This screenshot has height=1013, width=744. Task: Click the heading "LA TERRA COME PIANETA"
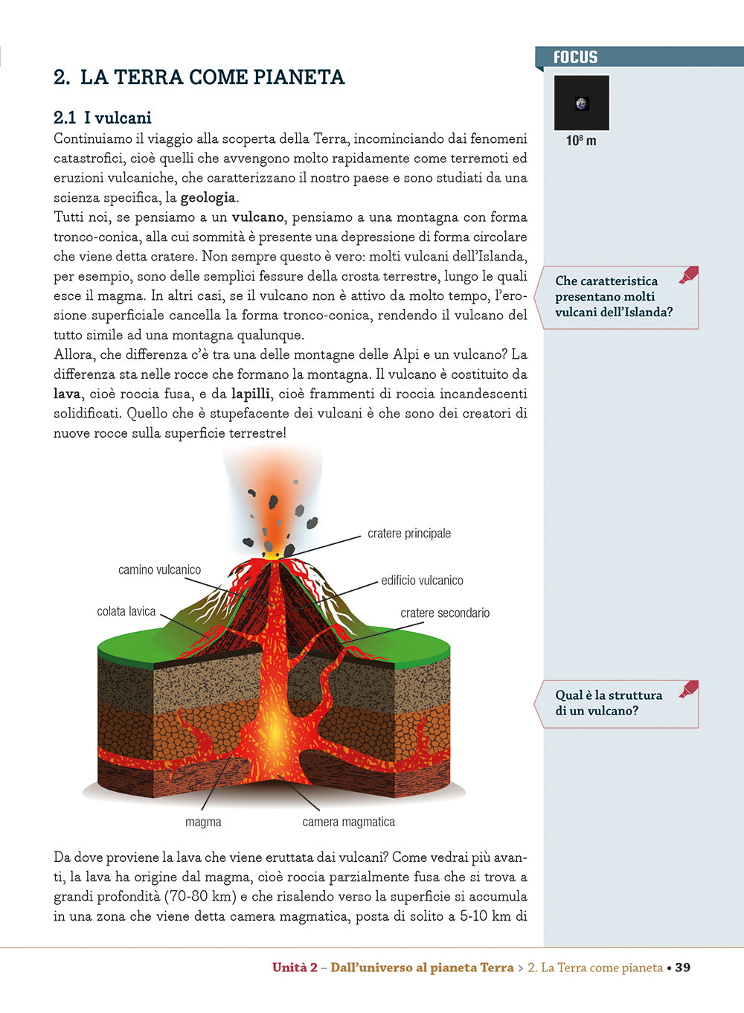212,77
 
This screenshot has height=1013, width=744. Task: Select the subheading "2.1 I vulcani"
103,118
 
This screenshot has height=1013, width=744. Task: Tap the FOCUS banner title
575,57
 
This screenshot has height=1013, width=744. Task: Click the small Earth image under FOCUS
582,103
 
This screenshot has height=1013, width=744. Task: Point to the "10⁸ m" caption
581,141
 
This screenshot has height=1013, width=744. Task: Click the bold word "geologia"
208,198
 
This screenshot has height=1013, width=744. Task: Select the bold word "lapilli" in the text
251,394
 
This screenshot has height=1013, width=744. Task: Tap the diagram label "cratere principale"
408,534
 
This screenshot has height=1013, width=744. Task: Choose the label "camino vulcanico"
159,570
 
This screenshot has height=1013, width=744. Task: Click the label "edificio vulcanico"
422,581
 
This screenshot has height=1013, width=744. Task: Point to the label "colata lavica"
126,612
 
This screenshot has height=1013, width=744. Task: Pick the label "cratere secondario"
445,613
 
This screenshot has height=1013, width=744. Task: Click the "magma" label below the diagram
203,822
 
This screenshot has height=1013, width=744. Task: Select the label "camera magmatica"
348,822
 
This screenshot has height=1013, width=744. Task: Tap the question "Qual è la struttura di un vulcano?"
609,703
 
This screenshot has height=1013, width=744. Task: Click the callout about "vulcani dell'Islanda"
613,296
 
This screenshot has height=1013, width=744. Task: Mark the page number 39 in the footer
682,968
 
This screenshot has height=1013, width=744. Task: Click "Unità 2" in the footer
295,968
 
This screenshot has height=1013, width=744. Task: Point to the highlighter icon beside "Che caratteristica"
688,275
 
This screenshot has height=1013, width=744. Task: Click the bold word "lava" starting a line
67,394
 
